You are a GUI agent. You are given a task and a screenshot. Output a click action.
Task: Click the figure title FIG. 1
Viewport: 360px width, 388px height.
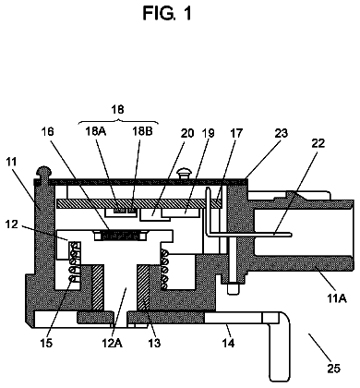coord(167,13)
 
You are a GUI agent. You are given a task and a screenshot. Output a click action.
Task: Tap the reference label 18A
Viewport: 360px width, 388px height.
coord(96,132)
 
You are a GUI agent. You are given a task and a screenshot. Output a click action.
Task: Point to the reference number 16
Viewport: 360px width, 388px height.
coord(47,131)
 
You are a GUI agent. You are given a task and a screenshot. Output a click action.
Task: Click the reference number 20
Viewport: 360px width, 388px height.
coord(187,133)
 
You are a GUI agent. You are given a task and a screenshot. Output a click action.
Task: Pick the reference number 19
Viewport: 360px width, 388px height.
coord(208,133)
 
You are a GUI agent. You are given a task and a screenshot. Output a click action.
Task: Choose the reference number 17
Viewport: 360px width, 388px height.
coord(236,133)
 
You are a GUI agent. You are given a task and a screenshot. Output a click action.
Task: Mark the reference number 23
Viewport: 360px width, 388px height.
coord(281,133)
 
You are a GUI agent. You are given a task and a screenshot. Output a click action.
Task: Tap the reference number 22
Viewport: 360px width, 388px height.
coord(318,143)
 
